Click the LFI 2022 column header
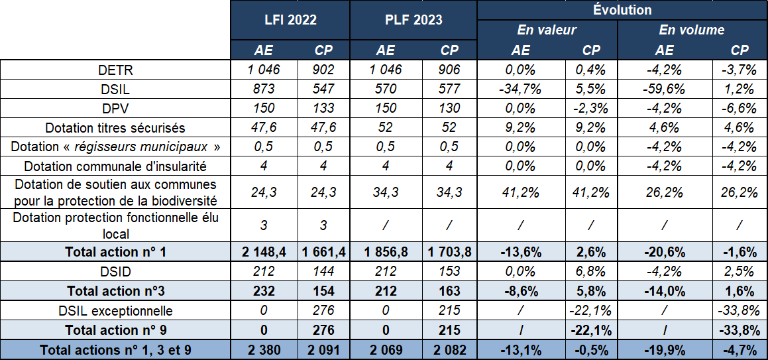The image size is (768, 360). coord(290,20)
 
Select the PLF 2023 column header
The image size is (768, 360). coord(413,20)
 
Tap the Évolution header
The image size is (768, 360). coord(622,10)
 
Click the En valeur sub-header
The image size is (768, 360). coord(547,30)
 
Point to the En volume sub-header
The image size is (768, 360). coord(692,30)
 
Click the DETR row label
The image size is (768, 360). coord(115,70)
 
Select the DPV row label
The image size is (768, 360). coord(115,108)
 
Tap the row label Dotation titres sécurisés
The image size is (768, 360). coord(115,127)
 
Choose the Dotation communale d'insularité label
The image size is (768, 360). coord(115,166)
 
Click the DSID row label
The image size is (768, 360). coord(115,270)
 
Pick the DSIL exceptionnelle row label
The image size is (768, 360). coord(115,310)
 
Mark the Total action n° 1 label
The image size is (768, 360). coord(115,251)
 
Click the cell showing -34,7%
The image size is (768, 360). coord(520,89)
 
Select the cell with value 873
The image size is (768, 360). coord(264,89)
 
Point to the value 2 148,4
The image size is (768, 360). coord(264,251)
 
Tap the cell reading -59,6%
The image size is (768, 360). coord(665,89)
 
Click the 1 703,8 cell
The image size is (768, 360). coord(449,251)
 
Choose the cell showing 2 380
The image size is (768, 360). coord(264,349)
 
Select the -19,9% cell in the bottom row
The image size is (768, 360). coord(665,349)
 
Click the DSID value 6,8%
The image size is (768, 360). coord(591,270)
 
